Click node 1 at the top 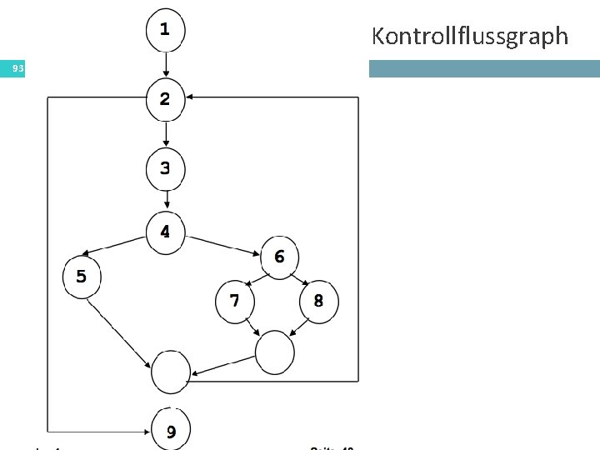pos(166,30)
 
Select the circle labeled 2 pos(166,99)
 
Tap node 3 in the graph pos(166,168)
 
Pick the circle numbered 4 pos(166,231)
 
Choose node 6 pos(279,256)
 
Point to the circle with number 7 pos(235,301)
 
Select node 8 pos(318,301)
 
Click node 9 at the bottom pos(171,430)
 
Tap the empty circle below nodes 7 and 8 pos(275,352)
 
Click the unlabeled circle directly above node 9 pos(171,371)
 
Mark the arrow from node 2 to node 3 pos(166,133)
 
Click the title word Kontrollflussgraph pos(469,37)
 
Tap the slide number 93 pos(12,69)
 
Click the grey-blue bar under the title pos(484,69)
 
